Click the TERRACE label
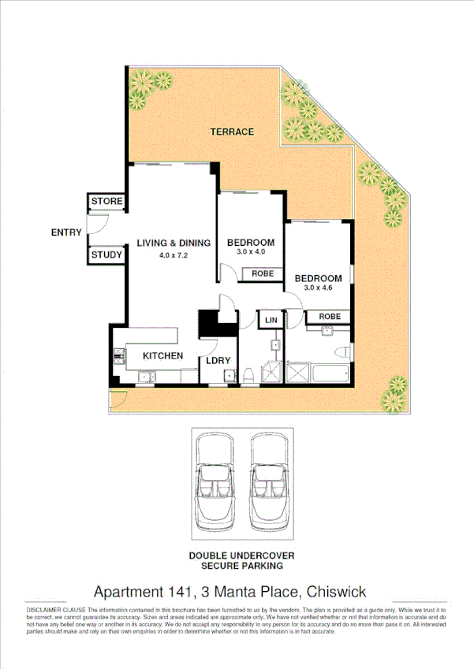tap(232, 132)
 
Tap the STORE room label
tap(106, 202)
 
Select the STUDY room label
tap(106, 255)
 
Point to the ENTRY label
tap(66, 232)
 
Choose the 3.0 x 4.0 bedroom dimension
tap(251, 254)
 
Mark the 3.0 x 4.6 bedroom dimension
tap(318, 289)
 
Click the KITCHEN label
tap(162, 356)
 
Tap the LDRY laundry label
tap(218, 361)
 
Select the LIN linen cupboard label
tap(271, 320)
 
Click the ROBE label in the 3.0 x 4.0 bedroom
tap(263, 273)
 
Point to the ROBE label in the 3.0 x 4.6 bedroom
tap(330, 316)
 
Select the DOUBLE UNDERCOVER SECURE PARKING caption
tap(241, 560)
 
